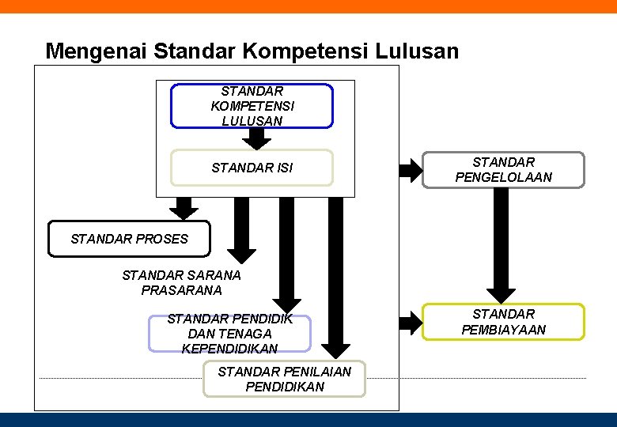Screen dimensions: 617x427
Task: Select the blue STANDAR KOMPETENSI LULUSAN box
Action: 252,106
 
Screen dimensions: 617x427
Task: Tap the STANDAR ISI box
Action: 252,168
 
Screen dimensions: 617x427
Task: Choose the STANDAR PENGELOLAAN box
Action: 503,170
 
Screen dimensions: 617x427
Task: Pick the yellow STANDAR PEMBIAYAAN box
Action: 503,322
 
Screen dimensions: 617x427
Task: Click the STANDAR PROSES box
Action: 129,239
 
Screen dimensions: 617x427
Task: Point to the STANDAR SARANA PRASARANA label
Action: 181,283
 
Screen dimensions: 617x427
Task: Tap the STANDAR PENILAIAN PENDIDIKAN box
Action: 285,380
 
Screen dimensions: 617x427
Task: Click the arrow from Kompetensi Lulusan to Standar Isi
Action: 256,138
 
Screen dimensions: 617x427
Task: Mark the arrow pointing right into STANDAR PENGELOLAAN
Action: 411,169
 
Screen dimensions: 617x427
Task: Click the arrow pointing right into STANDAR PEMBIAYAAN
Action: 411,322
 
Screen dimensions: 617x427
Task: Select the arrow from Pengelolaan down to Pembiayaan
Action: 500,245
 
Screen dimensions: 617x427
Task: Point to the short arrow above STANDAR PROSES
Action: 184,207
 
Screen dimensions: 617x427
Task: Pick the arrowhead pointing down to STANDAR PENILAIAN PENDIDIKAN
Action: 336,348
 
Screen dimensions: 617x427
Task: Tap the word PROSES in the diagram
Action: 161,239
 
